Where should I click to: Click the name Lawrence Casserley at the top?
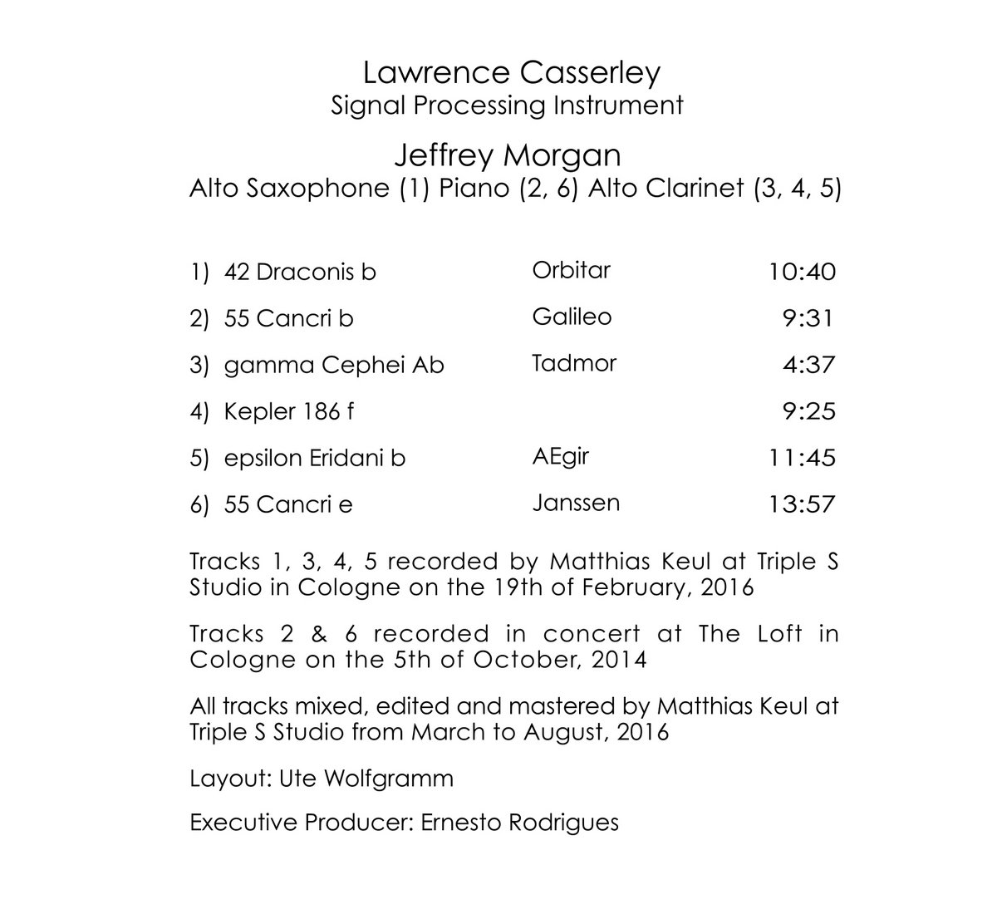coord(511,73)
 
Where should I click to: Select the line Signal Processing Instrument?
coord(507,106)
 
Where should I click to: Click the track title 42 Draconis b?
coord(300,272)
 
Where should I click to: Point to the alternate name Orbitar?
coord(571,270)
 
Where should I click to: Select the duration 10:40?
coord(803,272)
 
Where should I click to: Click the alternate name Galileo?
coord(572,317)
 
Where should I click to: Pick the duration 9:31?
coord(808,318)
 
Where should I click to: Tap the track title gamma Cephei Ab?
coord(334,365)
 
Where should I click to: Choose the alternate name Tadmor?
coord(573,363)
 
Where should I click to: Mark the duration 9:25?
coord(808,411)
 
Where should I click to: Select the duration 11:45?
coord(803,458)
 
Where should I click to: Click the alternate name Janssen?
coord(575,503)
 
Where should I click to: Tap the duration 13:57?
coord(803,504)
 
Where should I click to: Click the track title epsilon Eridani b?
coord(315,458)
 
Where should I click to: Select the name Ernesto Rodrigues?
coord(520,823)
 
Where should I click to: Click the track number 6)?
coord(199,504)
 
